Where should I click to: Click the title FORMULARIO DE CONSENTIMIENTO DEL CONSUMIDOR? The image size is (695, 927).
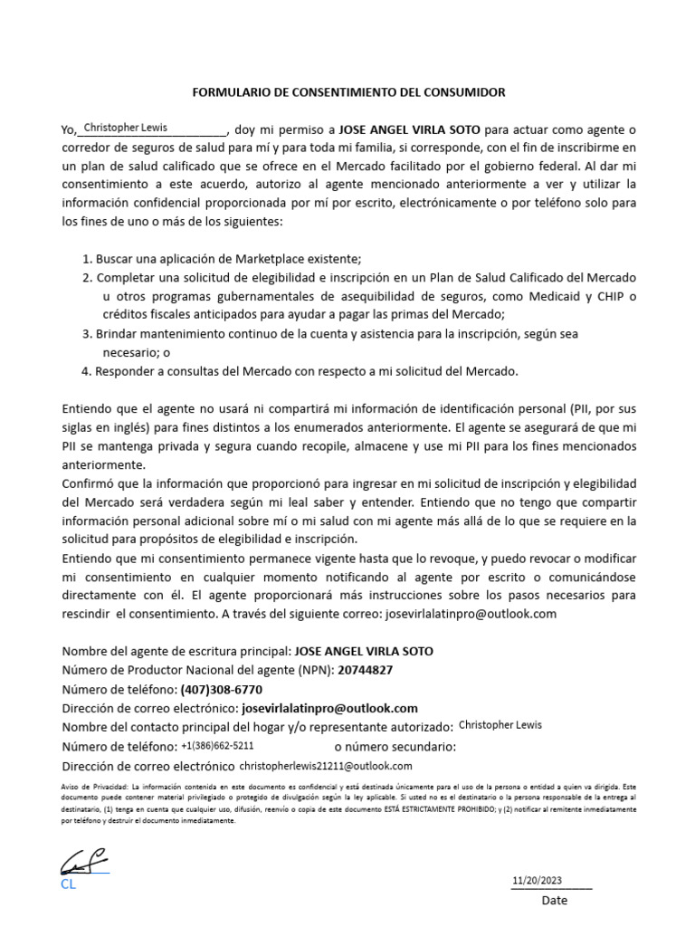(x=348, y=92)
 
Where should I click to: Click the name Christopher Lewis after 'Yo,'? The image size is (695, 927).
(x=125, y=128)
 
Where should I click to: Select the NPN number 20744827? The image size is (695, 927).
(x=365, y=670)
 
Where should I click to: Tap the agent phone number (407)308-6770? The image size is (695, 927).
(x=221, y=689)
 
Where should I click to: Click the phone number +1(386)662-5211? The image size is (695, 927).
(x=217, y=746)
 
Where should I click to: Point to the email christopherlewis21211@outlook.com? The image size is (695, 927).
(x=325, y=766)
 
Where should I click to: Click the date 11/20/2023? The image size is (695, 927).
(x=537, y=880)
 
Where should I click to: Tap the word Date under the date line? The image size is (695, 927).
(x=555, y=901)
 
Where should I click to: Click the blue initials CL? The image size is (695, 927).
(x=69, y=884)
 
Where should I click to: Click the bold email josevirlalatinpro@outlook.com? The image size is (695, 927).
(x=329, y=708)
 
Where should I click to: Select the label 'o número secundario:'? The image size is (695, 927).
(x=395, y=747)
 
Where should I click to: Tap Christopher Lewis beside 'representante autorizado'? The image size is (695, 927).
(x=500, y=725)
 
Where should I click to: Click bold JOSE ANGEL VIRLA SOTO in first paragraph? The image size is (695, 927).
(x=409, y=129)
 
